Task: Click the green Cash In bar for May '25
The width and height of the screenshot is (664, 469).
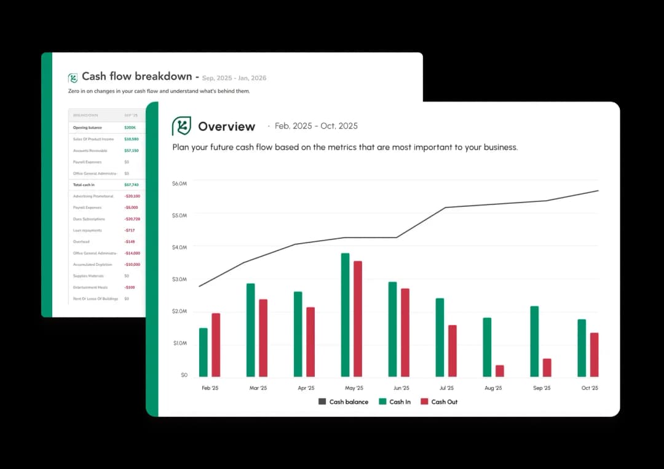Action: (345, 315)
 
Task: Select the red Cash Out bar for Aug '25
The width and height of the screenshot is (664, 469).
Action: (499, 371)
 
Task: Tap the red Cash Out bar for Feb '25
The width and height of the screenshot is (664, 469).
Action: (216, 345)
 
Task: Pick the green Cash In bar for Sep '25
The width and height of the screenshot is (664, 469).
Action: (534, 341)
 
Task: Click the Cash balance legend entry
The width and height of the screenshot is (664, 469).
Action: (343, 402)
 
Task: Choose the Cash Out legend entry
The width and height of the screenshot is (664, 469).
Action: (439, 402)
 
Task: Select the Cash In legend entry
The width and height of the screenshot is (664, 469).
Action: (395, 402)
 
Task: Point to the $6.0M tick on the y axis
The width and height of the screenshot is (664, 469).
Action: (180, 183)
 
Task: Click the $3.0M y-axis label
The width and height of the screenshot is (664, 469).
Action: (180, 279)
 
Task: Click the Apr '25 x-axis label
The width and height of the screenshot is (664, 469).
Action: (306, 388)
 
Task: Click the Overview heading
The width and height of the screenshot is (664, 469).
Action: (226, 127)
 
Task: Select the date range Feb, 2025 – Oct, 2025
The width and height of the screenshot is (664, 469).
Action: (316, 126)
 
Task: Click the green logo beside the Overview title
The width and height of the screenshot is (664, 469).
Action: (181, 126)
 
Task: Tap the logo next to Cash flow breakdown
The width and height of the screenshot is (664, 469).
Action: (73, 78)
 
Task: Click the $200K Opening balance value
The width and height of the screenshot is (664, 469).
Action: (130, 128)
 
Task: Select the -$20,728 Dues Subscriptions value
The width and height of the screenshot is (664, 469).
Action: (132, 219)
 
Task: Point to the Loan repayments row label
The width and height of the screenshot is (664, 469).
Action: (87, 230)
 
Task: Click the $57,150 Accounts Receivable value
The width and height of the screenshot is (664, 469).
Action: (132, 151)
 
